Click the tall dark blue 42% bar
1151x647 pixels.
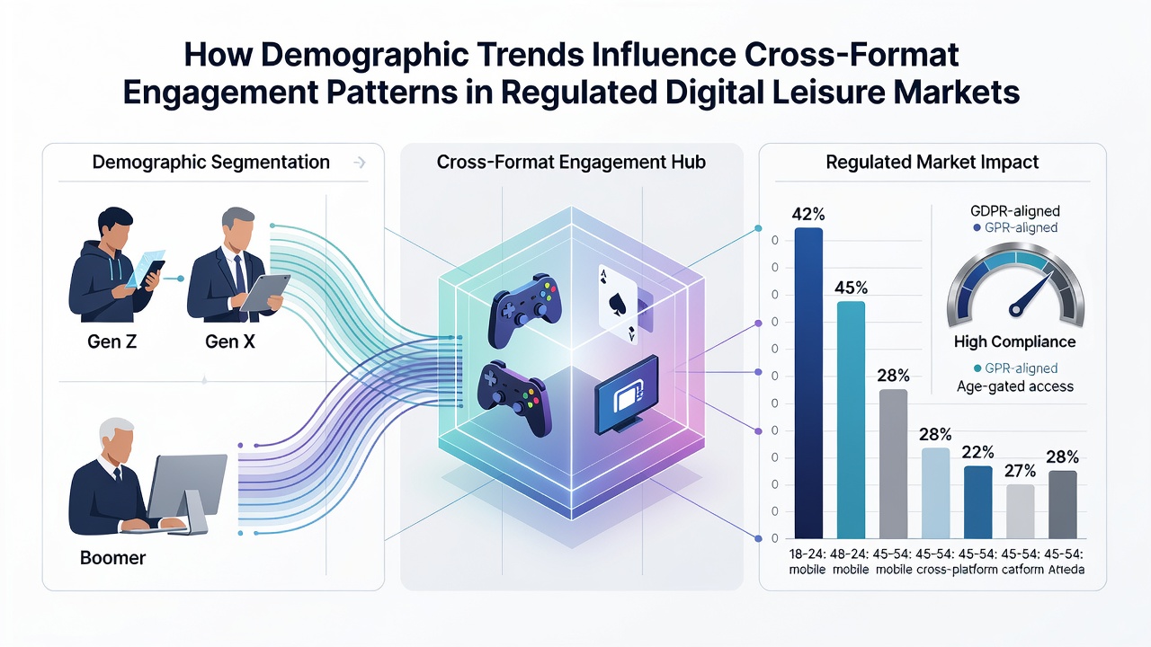[x=808, y=383]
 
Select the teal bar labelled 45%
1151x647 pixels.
[x=851, y=420]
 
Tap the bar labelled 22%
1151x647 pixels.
[x=977, y=502]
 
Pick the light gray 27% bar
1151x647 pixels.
[x=1020, y=511]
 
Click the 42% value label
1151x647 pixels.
[x=808, y=214]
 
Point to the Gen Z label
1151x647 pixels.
[x=112, y=341]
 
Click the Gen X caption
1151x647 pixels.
[x=229, y=341]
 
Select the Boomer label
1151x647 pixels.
[x=113, y=558]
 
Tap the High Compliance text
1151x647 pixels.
[x=1015, y=341]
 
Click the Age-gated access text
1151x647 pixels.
[x=1015, y=386]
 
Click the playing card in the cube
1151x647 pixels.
[x=618, y=304]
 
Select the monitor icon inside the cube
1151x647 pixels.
[x=627, y=394]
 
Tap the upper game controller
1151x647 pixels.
[x=524, y=310]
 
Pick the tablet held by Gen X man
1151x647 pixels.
[x=265, y=292]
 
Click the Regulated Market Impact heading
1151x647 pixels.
[x=932, y=163]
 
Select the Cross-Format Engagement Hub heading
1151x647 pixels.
[x=571, y=163]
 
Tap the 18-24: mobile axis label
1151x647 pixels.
[x=807, y=562]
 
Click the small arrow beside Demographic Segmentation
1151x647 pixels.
[x=361, y=163]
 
